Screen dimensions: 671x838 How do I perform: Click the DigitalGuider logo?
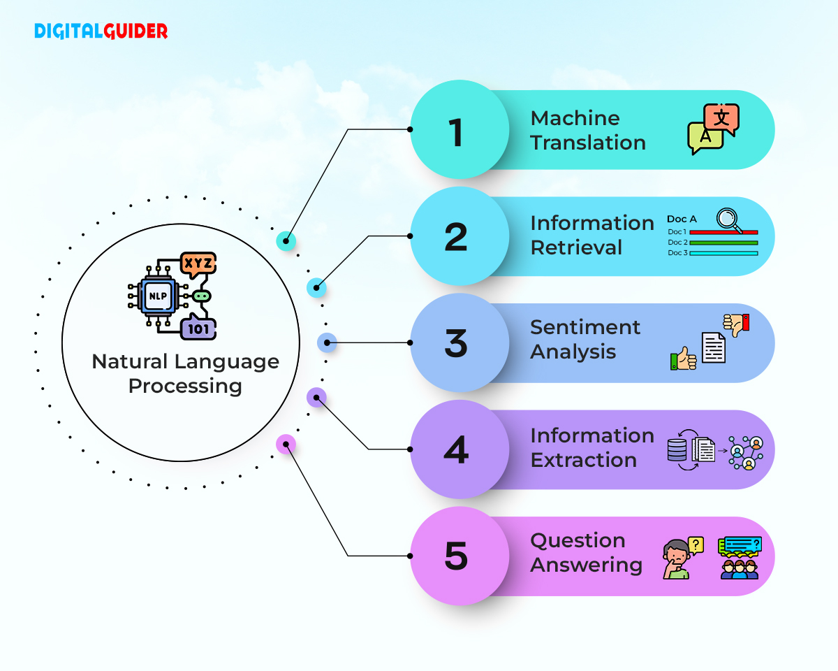(x=101, y=31)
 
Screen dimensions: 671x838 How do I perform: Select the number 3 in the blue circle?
(x=457, y=342)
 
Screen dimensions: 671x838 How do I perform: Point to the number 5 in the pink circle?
(x=457, y=556)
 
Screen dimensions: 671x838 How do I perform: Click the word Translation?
(x=588, y=143)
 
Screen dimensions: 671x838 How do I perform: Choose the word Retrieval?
(x=576, y=247)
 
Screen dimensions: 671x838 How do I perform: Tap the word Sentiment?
(x=585, y=327)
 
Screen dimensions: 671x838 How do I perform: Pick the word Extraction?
(x=584, y=460)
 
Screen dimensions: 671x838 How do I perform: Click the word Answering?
(x=587, y=565)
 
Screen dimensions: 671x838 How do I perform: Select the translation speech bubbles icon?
(x=713, y=129)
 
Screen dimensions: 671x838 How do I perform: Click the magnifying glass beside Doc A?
(x=730, y=220)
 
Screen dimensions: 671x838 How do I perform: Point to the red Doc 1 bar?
(x=723, y=232)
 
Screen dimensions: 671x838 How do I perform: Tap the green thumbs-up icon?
(x=683, y=359)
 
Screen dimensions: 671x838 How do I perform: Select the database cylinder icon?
(x=677, y=449)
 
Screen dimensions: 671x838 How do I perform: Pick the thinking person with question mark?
(x=679, y=558)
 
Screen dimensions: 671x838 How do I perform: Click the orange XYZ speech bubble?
(x=198, y=264)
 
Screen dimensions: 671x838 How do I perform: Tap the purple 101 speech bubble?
(x=198, y=328)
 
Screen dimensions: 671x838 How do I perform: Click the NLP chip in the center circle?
(x=157, y=296)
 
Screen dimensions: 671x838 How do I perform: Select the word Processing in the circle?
(x=185, y=386)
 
